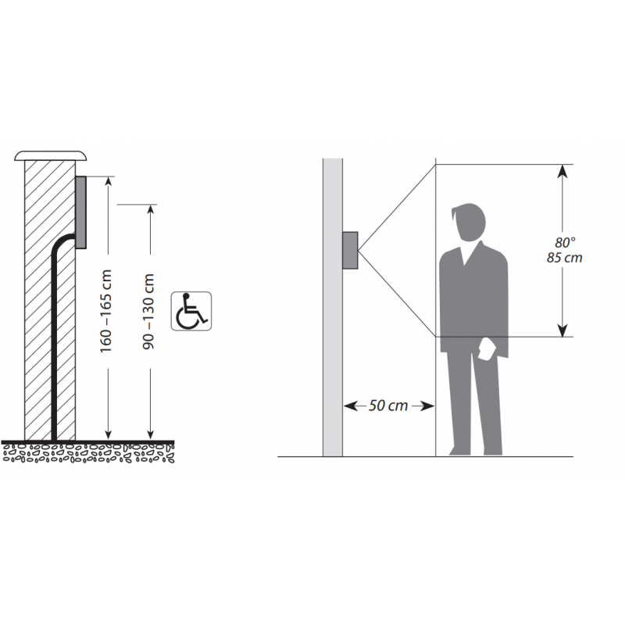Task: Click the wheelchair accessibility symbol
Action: pos(191,311)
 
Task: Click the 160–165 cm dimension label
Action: pos(105,311)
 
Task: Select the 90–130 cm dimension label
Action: pos(148,312)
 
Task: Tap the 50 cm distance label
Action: pos(387,405)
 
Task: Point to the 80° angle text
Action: pos(565,242)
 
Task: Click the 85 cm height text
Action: pos(564,258)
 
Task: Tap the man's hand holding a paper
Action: pos(487,348)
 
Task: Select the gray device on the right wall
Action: pos(350,250)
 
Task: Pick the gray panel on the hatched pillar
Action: pos(80,212)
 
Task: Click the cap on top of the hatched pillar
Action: pos(50,155)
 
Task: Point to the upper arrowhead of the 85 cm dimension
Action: pos(562,171)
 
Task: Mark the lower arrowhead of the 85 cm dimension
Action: pos(562,330)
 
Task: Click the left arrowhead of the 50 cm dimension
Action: pos(350,406)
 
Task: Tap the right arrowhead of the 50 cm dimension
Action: pos(427,406)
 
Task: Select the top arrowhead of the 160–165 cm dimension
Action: pos(109,181)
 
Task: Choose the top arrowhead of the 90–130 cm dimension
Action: pos(150,209)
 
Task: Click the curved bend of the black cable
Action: pos(60,242)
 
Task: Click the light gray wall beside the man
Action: pos(333,307)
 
